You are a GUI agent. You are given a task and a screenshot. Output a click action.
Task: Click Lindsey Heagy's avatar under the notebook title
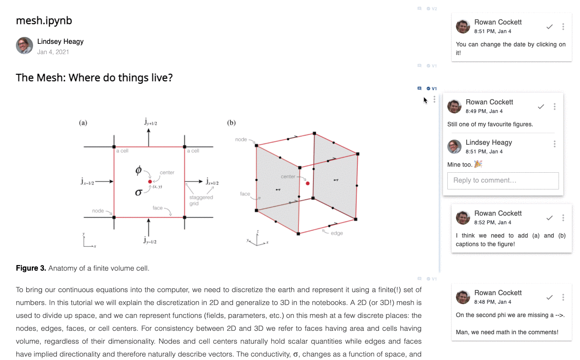tap(24, 46)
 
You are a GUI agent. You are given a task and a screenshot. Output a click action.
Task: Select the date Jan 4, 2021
tap(53, 52)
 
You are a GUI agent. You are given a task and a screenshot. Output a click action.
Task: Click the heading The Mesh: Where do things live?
tap(94, 78)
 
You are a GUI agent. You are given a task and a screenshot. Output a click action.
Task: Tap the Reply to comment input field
tap(503, 180)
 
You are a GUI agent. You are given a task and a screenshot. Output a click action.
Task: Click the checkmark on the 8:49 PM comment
tap(541, 107)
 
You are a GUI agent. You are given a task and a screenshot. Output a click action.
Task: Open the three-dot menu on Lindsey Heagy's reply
tap(555, 144)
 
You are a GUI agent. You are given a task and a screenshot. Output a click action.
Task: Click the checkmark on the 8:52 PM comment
tap(550, 218)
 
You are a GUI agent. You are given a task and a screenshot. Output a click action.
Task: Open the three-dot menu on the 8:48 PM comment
tap(563, 297)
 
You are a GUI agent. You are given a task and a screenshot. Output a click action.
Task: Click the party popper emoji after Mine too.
tap(478, 164)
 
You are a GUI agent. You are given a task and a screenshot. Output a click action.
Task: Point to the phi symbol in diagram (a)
tap(138, 170)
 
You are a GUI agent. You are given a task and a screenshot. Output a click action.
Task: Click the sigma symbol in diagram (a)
tap(138, 192)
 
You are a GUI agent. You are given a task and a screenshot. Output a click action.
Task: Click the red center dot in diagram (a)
tap(150, 182)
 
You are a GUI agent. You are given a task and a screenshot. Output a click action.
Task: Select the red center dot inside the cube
tap(307, 183)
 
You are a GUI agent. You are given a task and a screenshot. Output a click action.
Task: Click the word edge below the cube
tap(337, 233)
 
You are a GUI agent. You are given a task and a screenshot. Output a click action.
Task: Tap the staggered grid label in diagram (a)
tap(201, 200)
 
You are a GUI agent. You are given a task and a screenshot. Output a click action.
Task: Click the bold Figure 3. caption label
tap(31, 268)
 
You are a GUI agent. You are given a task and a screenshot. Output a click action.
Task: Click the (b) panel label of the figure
tap(231, 123)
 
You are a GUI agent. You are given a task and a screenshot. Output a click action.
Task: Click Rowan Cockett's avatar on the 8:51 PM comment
tap(463, 26)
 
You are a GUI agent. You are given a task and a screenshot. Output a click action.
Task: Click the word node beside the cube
tap(241, 140)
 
